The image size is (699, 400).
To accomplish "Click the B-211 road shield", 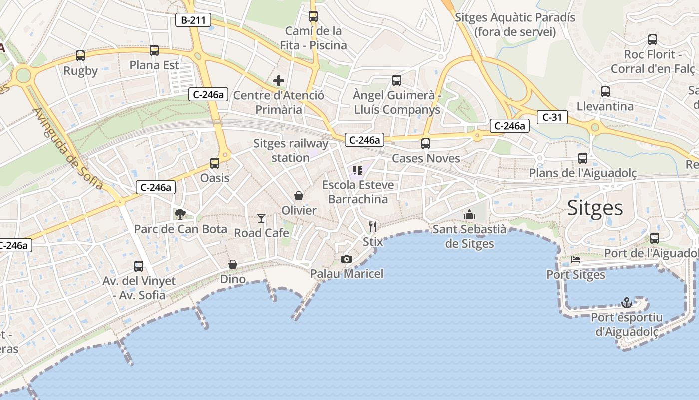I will pyautogui.click(x=193, y=20).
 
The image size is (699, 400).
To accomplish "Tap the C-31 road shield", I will pyautogui.click(x=552, y=117).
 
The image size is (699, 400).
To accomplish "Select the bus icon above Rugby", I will pyautogui.click(x=80, y=56).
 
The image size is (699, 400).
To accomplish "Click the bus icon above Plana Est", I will pyautogui.click(x=154, y=50).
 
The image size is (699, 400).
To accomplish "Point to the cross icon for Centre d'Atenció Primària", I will pyautogui.click(x=279, y=81).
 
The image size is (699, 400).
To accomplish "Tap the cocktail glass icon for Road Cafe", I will pyautogui.click(x=261, y=218).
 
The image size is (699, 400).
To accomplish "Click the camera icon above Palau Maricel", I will pyautogui.click(x=347, y=259).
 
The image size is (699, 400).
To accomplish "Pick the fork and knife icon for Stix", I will pyautogui.click(x=373, y=227).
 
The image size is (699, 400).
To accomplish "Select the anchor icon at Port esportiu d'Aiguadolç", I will pyautogui.click(x=626, y=302).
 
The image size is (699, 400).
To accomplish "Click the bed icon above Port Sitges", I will pyautogui.click(x=576, y=260).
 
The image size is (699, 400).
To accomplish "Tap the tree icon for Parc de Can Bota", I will pyautogui.click(x=180, y=214).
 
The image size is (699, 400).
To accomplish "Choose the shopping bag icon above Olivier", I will pyautogui.click(x=299, y=195).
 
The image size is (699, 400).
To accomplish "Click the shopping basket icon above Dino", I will pyautogui.click(x=233, y=264).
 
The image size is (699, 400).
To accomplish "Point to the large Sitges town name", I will pyautogui.click(x=595, y=208).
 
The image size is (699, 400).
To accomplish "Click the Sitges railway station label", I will pyautogui.click(x=291, y=151).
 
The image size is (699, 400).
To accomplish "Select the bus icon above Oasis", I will pyautogui.click(x=215, y=163).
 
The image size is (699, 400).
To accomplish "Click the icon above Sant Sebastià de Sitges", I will pyautogui.click(x=469, y=215).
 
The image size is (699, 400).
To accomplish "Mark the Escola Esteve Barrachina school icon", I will pyautogui.click(x=357, y=170).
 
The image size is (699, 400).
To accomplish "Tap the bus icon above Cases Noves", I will pyautogui.click(x=426, y=144).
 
